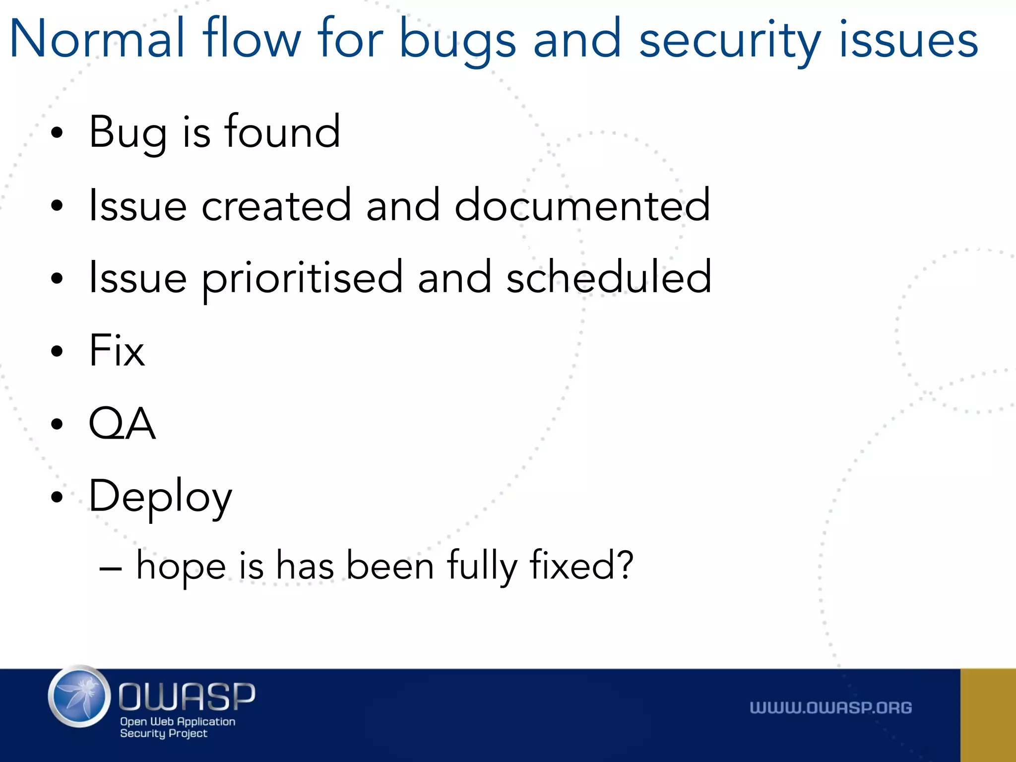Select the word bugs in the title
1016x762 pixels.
click(x=457, y=40)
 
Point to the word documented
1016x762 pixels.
click(x=582, y=204)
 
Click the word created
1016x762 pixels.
click(x=276, y=204)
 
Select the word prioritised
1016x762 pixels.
click(x=302, y=278)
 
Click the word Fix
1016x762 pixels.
click(x=117, y=350)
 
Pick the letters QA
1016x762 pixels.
click(x=122, y=423)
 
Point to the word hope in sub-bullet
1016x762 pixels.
click(x=181, y=566)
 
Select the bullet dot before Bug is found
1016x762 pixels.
click(x=57, y=132)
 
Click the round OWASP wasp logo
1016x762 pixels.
click(x=79, y=697)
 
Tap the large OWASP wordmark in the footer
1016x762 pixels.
click(x=187, y=697)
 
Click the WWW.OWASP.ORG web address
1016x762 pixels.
click(x=830, y=708)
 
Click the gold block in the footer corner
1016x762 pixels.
click(x=988, y=715)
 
